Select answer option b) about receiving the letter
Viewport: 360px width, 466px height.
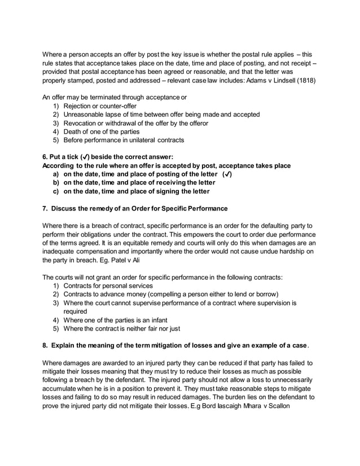pyautogui.click(x=134, y=183)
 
